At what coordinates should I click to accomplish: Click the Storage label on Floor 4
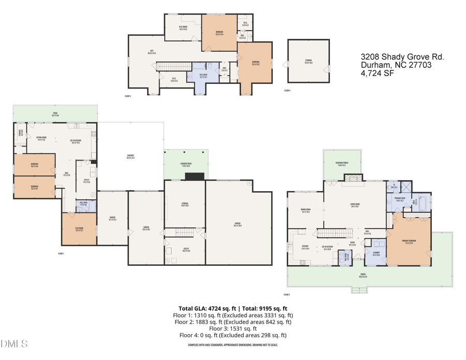pyautogui.click(x=308, y=61)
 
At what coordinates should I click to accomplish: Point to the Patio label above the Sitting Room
pyautogui.click(x=55, y=114)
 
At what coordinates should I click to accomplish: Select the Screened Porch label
pyautogui.click(x=342, y=163)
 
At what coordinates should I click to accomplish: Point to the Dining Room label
pyautogui.click(x=305, y=210)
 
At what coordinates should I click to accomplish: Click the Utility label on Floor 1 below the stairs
pyautogui.click(x=185, y=250)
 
